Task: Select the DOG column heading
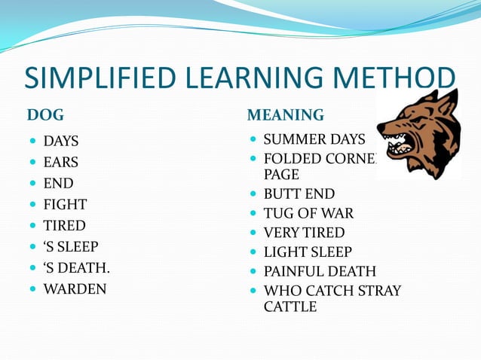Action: point(45,115)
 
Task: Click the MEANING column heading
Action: point(286,115)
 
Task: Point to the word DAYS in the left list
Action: point(60,141)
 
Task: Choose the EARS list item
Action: point(60,162)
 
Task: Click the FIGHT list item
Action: point(65,204)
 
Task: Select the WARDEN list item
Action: point(75,288)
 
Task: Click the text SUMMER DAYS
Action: point(314,139)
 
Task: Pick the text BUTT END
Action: point(299,194)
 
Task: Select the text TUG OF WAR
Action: point(308,213)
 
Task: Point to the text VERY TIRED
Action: point(304,233)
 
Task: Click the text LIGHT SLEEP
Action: point(308,252)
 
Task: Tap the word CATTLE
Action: point(290,307)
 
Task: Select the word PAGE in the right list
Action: point(280,174)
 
